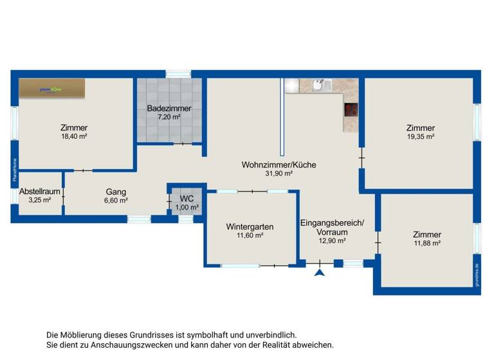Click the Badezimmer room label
pos(163,108)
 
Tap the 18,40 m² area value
pos(74,136)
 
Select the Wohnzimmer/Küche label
pos(279,165)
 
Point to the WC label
pos(187,198)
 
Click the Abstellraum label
pos(40,192)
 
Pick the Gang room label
pos(116,192)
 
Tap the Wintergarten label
pos(250,226)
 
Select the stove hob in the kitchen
pos(351,110)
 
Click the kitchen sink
pos(320,85)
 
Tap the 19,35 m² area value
pos(421,136)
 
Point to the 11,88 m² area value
pos(427,243)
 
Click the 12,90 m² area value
pos(333,241)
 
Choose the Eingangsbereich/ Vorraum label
pos(332,228)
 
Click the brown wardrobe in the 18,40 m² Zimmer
pos(51,89)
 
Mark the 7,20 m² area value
pos(163,117)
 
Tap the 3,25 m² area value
pos(40,201)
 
